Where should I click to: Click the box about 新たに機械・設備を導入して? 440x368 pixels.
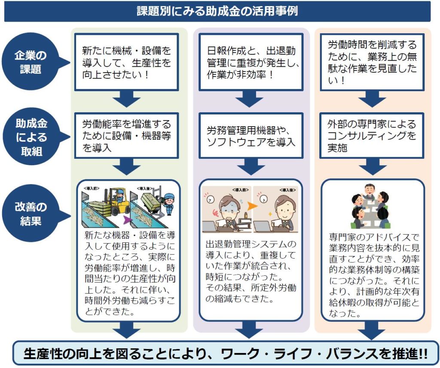[x=126, y=62]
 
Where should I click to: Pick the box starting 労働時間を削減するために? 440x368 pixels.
[x=372, y=62]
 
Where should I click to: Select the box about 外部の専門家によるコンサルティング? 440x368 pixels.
[x=372, y=136]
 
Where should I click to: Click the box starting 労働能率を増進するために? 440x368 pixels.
[x=126, y=136]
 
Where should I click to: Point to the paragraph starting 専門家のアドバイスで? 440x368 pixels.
[x=372, y=275]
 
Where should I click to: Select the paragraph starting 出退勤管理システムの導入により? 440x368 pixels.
[x=251, y=271]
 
